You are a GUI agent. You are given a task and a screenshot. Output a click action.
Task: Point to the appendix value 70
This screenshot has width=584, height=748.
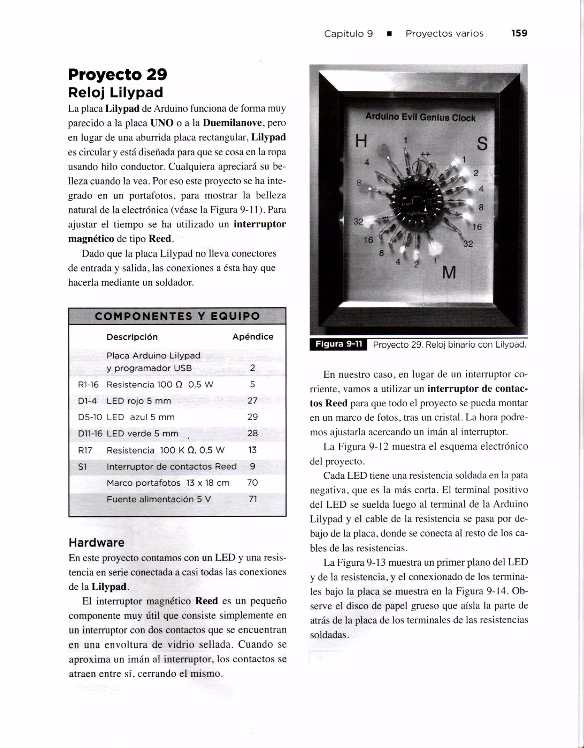click(252, 483)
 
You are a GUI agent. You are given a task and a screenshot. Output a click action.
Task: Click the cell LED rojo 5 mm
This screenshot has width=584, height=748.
click(139, 400)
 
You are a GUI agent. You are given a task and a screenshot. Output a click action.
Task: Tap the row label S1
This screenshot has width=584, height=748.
click(82, 467)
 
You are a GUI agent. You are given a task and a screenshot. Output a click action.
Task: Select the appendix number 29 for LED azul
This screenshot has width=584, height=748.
click(252, 417)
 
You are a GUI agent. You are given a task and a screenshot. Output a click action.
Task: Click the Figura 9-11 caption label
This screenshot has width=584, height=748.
click(338, 344)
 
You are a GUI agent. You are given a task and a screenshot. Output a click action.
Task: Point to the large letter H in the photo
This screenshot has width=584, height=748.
click(361, 141)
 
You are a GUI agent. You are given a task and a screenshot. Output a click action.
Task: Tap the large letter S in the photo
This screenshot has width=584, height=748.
click(482, 144)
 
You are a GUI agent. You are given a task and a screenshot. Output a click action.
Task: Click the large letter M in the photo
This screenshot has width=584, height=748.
click(449, 273)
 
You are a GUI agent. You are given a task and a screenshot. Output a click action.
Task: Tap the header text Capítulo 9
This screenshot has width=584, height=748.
click(348, 34)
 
